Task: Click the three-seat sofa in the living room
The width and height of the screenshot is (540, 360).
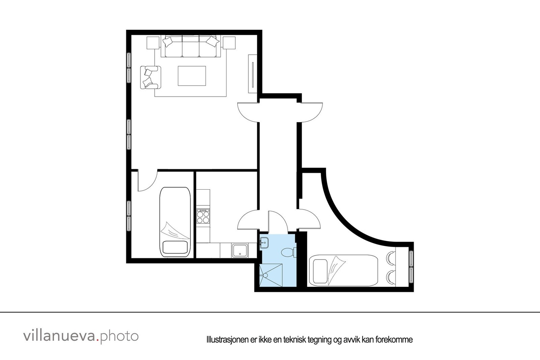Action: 191,46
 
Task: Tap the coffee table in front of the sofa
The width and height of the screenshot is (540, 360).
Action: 192,76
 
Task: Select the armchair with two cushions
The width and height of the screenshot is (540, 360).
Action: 151,77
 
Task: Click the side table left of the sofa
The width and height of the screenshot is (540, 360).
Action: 153,43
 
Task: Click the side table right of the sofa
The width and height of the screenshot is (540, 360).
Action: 229,43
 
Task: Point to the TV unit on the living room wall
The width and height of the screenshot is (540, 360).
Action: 252,73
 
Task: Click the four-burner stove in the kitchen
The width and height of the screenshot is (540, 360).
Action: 203,216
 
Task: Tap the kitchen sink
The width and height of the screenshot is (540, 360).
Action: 240,250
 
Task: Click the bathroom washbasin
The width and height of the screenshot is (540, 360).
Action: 264,242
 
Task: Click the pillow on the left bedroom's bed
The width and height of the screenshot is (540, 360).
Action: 175,248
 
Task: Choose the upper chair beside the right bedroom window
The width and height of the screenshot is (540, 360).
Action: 390,258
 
